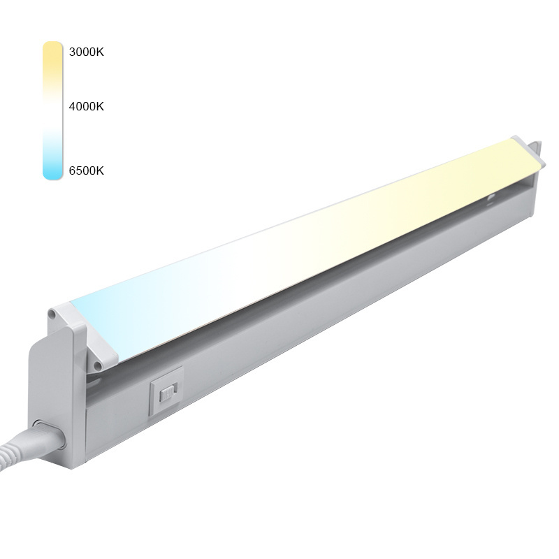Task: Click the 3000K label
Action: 86,52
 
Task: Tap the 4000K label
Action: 86,106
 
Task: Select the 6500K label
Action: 86,170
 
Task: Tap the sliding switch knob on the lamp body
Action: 167,394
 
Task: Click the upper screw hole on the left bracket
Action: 52,314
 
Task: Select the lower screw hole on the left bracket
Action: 96,365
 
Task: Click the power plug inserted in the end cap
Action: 48,435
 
